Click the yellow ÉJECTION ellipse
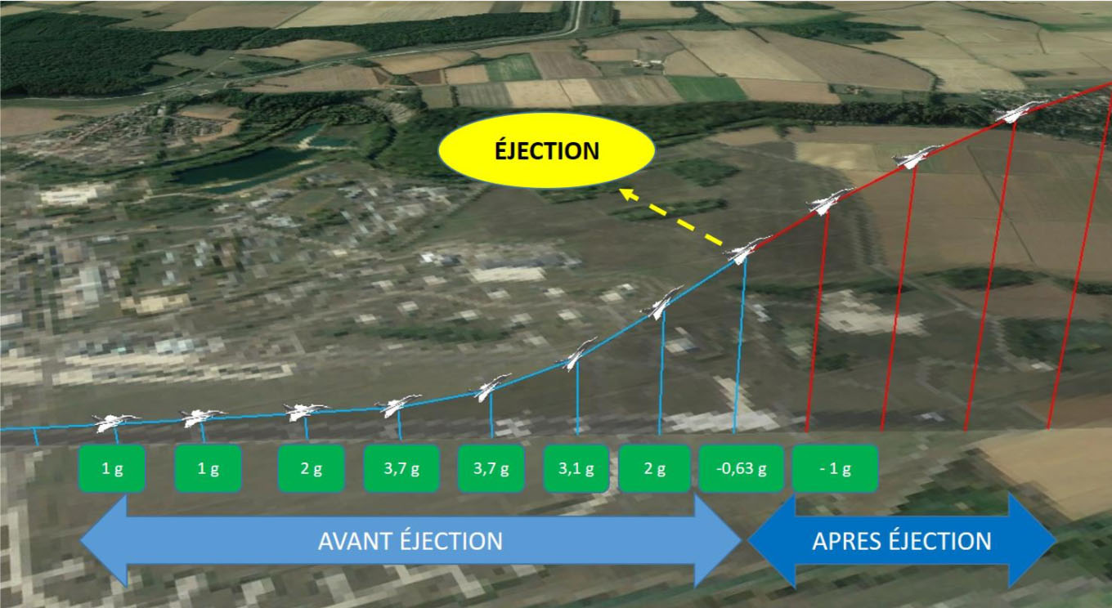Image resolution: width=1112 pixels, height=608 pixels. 546,150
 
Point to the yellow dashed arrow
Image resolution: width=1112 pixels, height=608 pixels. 670,217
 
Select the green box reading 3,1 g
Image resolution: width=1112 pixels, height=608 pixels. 576,468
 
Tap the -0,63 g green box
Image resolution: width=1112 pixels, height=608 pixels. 741,468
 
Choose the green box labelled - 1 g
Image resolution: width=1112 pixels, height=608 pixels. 835,468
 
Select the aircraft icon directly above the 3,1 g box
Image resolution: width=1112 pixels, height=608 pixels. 578,353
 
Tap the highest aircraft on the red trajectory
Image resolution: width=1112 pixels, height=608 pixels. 1018,112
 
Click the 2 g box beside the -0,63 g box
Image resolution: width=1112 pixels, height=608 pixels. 655,468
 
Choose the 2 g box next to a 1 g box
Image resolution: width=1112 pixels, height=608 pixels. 311,468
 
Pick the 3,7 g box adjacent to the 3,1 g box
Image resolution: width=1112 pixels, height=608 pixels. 491,468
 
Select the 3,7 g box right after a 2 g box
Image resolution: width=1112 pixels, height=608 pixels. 401,468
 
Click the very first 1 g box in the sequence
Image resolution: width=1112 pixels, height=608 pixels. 112,468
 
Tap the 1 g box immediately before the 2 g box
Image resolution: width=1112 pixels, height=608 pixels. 208,468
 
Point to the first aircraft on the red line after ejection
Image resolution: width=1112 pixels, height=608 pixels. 829,201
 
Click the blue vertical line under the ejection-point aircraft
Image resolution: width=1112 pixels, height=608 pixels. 740,345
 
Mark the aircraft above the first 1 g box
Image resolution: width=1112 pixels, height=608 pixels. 115,422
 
